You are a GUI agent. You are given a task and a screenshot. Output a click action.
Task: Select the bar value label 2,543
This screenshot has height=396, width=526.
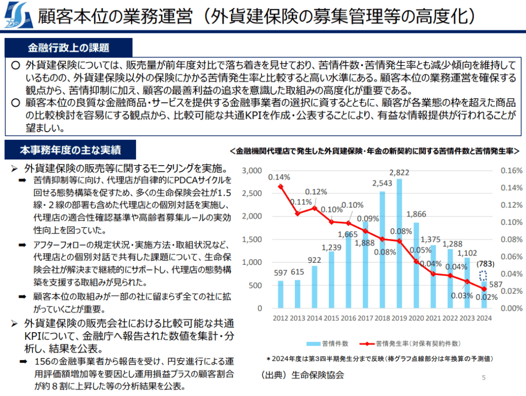382,184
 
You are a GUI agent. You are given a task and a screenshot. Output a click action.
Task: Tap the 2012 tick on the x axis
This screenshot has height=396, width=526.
280,318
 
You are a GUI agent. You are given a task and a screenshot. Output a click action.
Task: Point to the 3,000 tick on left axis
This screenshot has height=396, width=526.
253,170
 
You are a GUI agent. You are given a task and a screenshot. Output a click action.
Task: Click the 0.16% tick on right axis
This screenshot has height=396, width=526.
504,170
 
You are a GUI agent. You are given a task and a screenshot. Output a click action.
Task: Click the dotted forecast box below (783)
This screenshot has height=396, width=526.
483,276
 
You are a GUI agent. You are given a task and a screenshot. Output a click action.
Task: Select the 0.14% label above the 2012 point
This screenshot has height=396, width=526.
279,177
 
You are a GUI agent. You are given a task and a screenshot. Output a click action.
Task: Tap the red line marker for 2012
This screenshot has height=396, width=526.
280,186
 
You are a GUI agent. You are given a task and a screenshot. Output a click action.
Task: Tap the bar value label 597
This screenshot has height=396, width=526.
280,272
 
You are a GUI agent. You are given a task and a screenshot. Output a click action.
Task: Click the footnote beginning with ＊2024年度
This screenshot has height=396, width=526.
380,358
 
